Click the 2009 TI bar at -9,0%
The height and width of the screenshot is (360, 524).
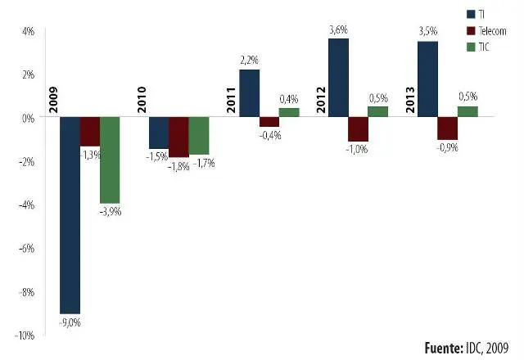pyautogui.click(x=70, y=215)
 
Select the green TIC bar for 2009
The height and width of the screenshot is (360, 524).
pyautogui.click(x=110, y=160)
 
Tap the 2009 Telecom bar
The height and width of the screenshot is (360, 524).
pyautogui.click(x=90, y=132)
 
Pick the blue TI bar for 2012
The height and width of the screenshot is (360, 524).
pyautogui.click(x=338, y=78)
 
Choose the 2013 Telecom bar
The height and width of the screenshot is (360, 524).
pyautogui.click(x=447, y=128)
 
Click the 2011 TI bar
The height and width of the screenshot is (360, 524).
pyautogui.click(x=249, y=93)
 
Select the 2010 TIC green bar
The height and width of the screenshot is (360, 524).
pyautogui.click(x=199, y=136)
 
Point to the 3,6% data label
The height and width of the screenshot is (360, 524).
pyautogui.click(x=339, y=30)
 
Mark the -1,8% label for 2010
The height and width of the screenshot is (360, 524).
pyautogui.click(x=178, y=166)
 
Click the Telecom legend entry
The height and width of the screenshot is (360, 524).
pyautogui.click(x=490, y=30)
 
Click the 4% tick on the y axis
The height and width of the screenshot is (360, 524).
pyautogui.click(x=27, y=31)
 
